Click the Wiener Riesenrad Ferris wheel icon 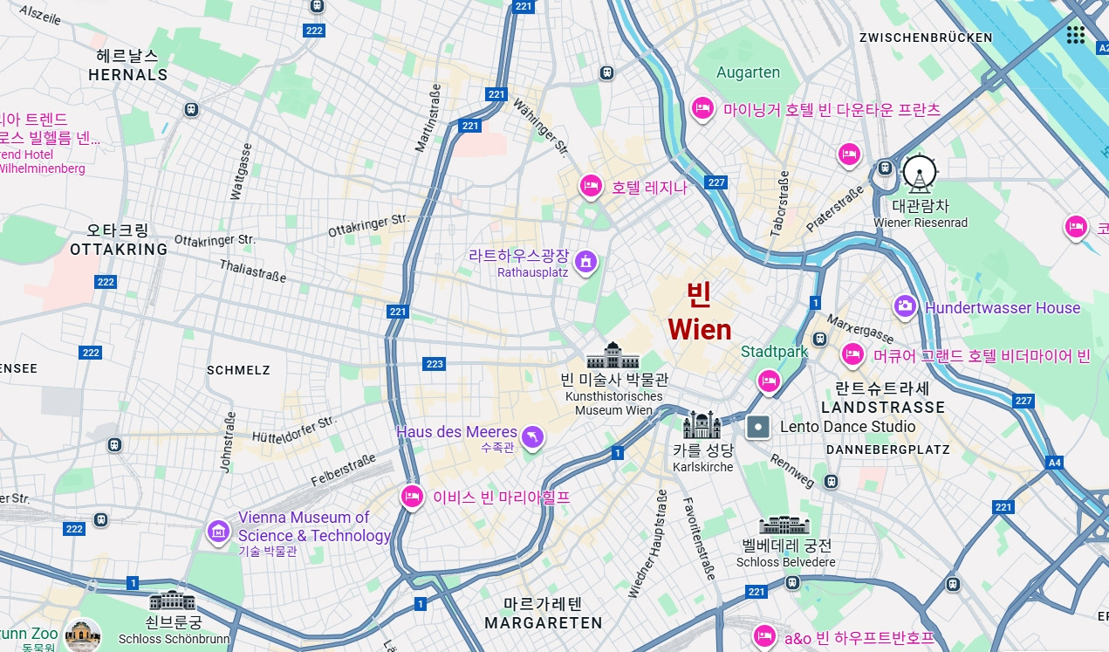[919, 175]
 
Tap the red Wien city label [700, 329]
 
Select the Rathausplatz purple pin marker [586, 259]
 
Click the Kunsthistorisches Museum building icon [613, 356]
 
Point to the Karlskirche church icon [702, 425]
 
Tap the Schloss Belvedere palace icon [784, 525]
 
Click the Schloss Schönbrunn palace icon [173, 601]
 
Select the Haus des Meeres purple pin [532, 436]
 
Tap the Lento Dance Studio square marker [759, 427]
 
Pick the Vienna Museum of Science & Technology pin [218, 530]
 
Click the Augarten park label [748, 72]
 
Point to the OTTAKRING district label [119, 250]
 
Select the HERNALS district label [127, 75]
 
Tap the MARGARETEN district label [544, 623]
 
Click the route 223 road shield [434, 364]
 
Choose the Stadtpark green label [774, 352]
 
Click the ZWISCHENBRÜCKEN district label [926, 38]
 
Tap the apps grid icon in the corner [1075, 34]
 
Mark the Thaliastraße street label [253, 271]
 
